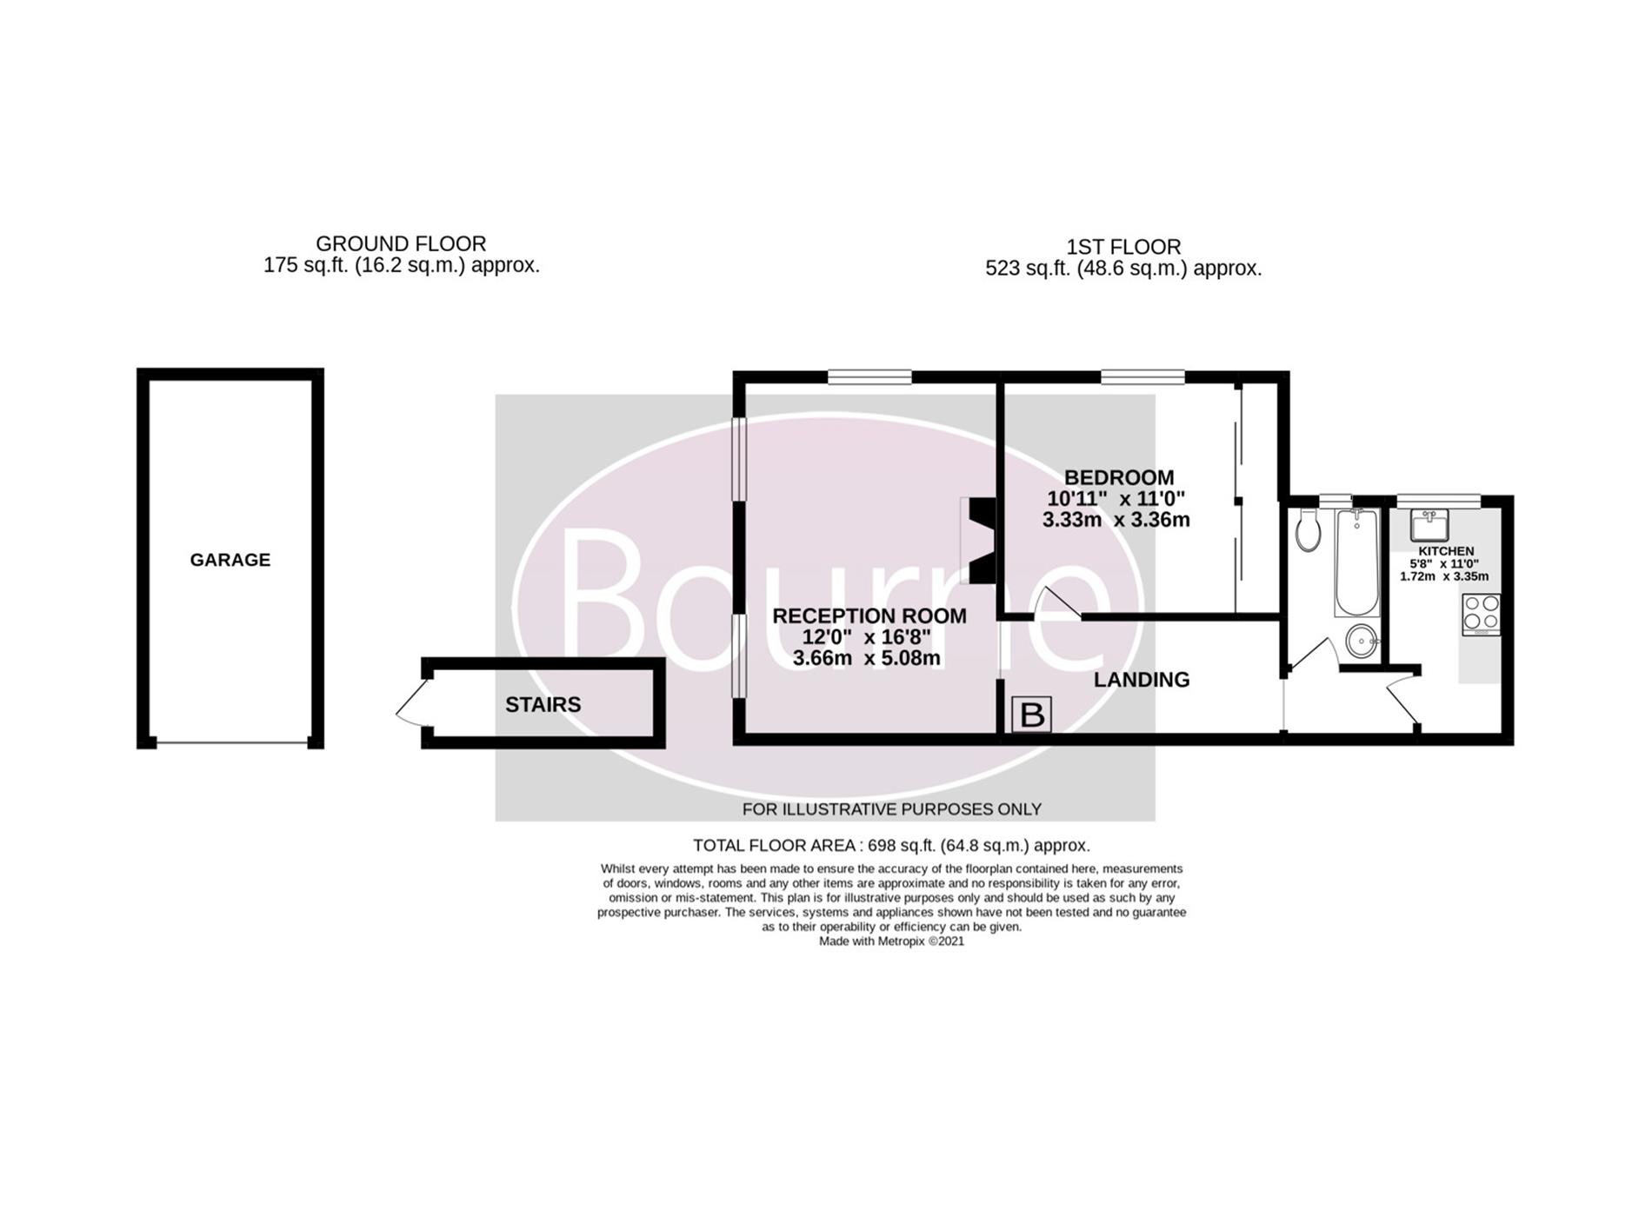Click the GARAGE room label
[x=230, y=561]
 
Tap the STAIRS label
[x=543, y=705]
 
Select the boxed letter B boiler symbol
[x=1032, y=715]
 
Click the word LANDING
[x=1142, y=680]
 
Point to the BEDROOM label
[x=1119, y=478]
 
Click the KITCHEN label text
[x=1446, y=551]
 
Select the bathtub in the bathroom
[x=1356, y=562]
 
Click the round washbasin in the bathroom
[x=1362, y=642]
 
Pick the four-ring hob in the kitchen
[x=1482, y=614]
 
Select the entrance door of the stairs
[x=413, y=703]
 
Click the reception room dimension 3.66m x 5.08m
[x=866, y=659]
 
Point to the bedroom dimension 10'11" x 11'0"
[x=1116, y=499]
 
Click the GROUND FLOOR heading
[x=401, y=244]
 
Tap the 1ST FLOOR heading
[x=1123, y=248]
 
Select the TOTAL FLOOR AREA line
[x=891, y=845]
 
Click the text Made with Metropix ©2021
[x=891, y=941]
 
